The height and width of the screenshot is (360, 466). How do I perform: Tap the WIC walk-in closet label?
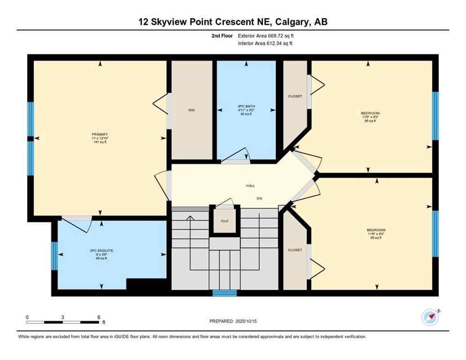tap(192, 110)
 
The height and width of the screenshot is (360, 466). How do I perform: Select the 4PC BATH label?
tap(246, 106)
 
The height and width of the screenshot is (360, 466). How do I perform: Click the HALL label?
tap(251, 186)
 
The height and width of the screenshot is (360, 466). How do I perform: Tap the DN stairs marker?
tap(259, 198)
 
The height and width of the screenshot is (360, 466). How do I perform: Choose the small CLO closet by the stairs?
tap(225, 221)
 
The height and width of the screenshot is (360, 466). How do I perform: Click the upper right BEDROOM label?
tap(370, 113)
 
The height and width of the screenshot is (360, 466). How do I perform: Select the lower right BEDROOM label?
tap(376, 230)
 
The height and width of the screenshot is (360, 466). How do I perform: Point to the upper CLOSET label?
tap(295, 96)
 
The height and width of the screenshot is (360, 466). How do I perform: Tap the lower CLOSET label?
tap(295, 250)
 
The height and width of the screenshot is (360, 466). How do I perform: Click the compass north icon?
tap(430, 317)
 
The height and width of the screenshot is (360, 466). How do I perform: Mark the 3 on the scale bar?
tap(62, 317)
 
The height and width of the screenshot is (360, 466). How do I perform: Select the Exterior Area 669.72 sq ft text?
tap(266, 36)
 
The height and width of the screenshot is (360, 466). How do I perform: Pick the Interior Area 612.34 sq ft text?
tap(265, 44)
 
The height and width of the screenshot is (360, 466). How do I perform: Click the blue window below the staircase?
tap(225, 293)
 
